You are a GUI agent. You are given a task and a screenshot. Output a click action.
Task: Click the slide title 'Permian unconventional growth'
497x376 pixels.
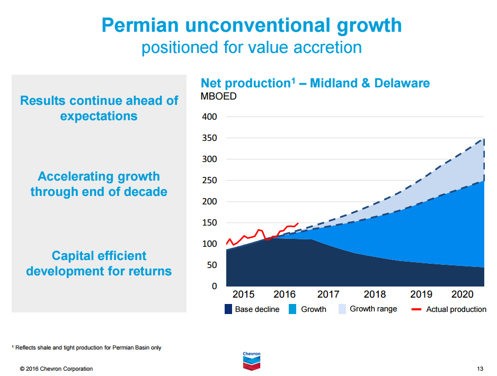point(251,25)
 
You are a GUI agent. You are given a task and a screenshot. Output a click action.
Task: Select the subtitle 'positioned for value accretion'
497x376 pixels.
point(251,47)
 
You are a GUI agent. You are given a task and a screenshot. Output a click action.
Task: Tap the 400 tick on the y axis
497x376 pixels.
point(210,117)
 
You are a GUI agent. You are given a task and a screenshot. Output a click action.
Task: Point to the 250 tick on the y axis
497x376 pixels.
point(210,180)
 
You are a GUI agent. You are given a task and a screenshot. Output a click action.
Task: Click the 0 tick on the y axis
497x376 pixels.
point(214,286)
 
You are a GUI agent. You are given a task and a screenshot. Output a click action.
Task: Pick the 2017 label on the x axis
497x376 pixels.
point(329,294)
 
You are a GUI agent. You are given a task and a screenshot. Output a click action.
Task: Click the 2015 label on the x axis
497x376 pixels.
point(243,294)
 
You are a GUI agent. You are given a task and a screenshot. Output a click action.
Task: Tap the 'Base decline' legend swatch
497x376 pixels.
point(228,309)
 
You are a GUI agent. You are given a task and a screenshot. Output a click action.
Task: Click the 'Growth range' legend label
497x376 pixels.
point(373,309)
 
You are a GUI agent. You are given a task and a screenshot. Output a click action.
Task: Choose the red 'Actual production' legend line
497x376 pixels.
point(416,309)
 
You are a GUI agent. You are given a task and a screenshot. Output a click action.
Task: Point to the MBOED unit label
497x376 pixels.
point(218,96)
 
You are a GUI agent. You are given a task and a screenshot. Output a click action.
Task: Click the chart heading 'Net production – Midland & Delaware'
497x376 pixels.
point(315,83)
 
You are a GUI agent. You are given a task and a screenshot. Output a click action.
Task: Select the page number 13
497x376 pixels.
point(480,369)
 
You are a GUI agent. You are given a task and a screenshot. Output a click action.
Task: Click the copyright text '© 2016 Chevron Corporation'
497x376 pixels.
point(56,369)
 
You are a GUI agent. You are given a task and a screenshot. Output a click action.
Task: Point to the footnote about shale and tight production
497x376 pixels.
point(87,348)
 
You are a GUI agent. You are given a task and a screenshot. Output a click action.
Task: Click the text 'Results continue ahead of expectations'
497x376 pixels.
point(99,108)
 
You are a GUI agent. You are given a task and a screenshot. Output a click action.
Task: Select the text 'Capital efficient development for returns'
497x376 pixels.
point(99,263)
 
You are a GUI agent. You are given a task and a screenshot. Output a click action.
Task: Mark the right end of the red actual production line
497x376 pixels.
point(298,223)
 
